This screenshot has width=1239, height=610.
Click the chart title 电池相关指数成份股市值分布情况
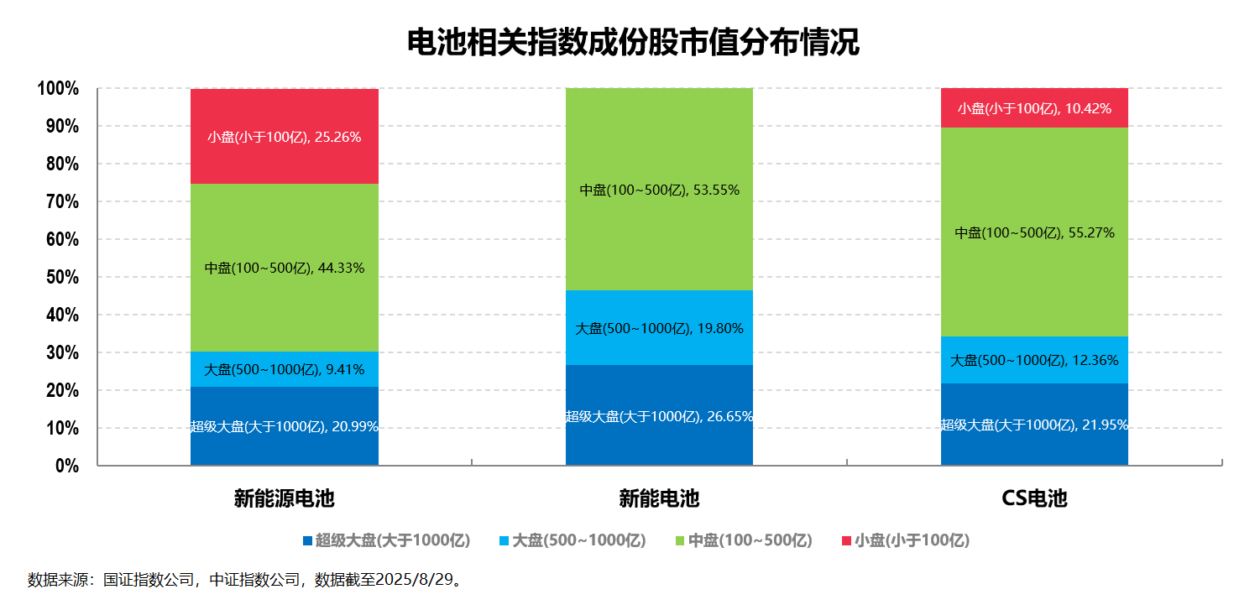(633, 42)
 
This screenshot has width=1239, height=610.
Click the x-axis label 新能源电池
(284, 498)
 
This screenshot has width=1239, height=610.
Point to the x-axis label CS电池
(1034, 498)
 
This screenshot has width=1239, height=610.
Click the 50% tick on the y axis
(61, 278)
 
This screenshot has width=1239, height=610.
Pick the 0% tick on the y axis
(66, 467)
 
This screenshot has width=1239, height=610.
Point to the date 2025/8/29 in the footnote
(414, 580)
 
